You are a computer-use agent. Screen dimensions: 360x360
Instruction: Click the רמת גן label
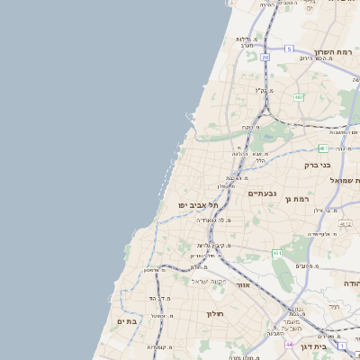click(x=296, y=198)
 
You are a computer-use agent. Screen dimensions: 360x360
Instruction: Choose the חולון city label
click(x=213, y=314)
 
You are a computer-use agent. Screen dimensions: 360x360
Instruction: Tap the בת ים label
click(x=127, y=320)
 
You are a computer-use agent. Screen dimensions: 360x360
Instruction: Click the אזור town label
click(x=242, y=284)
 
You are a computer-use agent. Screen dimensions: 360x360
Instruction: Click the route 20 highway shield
click(x=265, y=57)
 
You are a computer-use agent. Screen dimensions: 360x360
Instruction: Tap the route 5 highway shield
click(x=289, y=48)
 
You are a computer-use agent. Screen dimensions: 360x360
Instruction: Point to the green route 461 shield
click(x=277, y=254)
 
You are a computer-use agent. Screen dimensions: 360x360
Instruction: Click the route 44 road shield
click(x=289, y=345)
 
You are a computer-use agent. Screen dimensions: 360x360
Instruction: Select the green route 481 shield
click(x=322, y=148)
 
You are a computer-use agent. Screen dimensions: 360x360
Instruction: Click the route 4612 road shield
click(x=346, y=222)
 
